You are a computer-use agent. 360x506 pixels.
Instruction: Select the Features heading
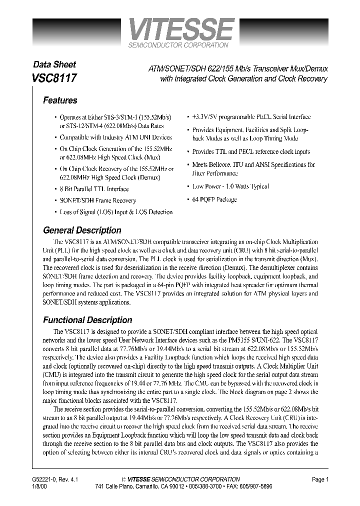[x=60, y=100]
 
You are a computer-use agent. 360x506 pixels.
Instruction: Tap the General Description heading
[x=82, y=230]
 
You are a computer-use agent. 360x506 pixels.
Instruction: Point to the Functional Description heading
[x=87, y=320]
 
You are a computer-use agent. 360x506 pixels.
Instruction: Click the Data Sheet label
[x=54, y=64]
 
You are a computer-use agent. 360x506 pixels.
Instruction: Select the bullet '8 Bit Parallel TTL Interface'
[x=94, y=189]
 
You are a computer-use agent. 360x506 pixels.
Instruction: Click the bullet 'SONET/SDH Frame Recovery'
[x=97, y=200]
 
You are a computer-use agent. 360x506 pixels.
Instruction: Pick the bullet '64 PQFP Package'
[x=214, y=199]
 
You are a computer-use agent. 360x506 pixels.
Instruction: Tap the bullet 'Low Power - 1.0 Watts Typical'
[x=230, y=186]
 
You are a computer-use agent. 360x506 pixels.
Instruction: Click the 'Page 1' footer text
[x=320, y=479]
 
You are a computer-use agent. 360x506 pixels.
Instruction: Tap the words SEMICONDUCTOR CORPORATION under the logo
[x=179, y=45]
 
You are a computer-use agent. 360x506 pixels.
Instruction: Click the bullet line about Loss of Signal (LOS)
[x=116, y=212]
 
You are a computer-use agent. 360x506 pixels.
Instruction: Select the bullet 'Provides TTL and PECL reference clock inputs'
[x=251, y=152]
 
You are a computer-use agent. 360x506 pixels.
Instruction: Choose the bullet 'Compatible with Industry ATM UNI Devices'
[x=115, y=137]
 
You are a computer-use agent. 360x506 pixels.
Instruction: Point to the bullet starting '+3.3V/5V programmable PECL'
[x=251, y=117]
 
